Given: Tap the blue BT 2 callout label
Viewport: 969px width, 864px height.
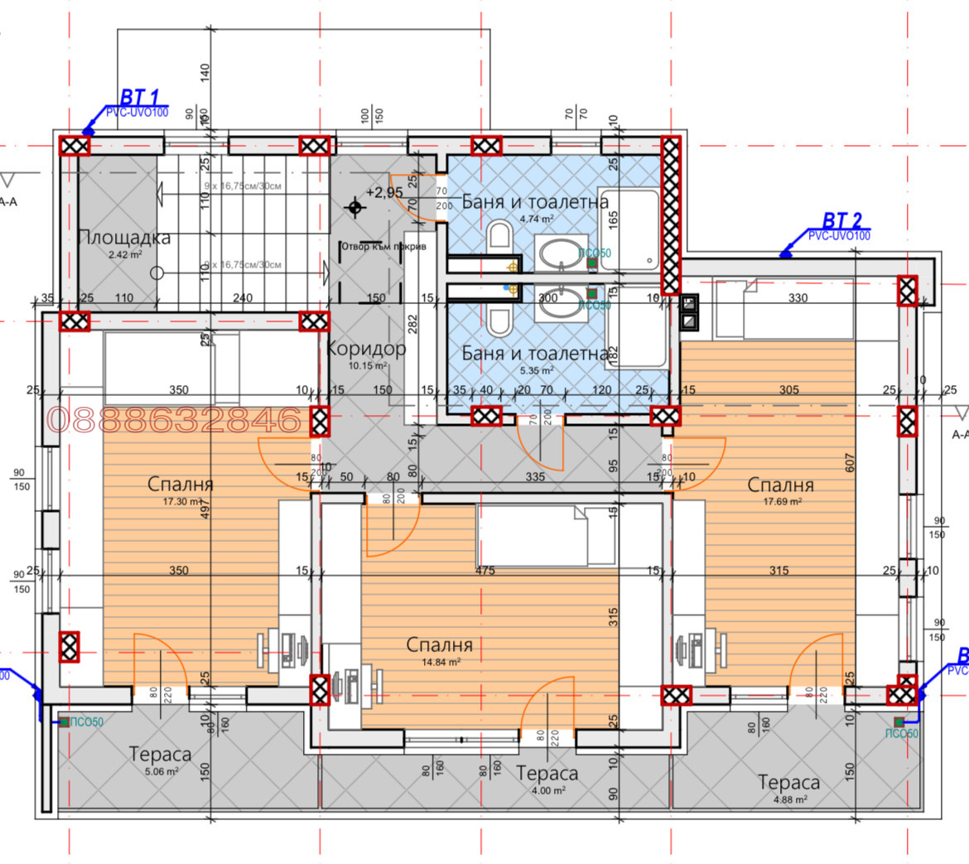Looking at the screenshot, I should coord(841,220).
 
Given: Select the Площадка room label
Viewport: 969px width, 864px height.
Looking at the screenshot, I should coord(124,238).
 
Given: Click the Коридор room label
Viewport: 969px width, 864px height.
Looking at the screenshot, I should coord(365,349).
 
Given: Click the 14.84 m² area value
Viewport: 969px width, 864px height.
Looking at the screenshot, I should coord(441,662).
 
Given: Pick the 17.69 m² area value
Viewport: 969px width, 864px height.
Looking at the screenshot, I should coord(782,501).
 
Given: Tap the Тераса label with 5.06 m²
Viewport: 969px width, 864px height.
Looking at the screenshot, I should coord(160,755).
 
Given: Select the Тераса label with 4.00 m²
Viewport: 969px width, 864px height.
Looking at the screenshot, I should coord(547,774).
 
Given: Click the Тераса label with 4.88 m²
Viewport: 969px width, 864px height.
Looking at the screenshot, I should coord(788,782).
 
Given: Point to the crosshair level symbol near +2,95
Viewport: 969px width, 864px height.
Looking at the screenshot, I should coord(355,207).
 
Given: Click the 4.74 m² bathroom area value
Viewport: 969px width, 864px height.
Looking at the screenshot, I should coord(537,220).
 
